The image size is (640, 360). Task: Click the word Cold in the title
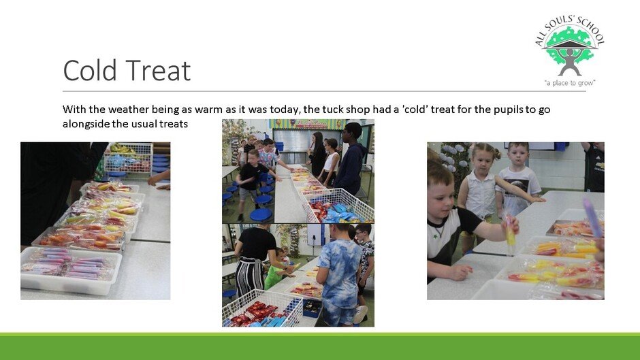click(x=90, y=70)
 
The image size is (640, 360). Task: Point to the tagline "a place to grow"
click(x=570, y=83)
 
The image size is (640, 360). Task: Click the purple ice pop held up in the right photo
click(x=592, y=217)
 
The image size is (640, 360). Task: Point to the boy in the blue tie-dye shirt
click(x=340, y=274)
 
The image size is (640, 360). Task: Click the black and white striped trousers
click(x=249, y=278)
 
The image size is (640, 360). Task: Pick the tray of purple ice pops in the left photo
click(x=69, y=269)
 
